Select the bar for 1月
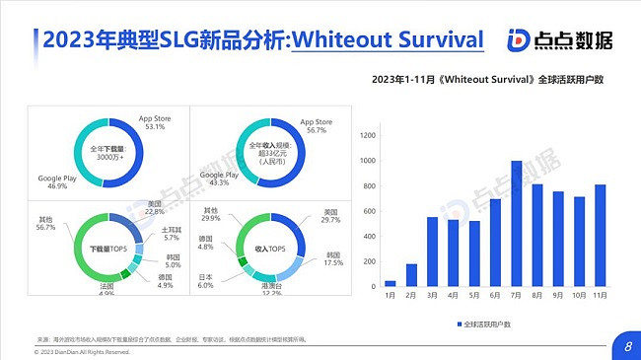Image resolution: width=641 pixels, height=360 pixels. pos(390,283)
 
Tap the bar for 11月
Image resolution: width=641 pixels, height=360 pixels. pos(601,235)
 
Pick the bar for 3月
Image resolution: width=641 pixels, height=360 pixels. pos(432,252)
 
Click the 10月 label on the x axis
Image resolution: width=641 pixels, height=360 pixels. pos(580,295)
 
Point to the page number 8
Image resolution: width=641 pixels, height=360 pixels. pos(628,345)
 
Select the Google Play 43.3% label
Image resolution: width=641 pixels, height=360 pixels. pos(220,178)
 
